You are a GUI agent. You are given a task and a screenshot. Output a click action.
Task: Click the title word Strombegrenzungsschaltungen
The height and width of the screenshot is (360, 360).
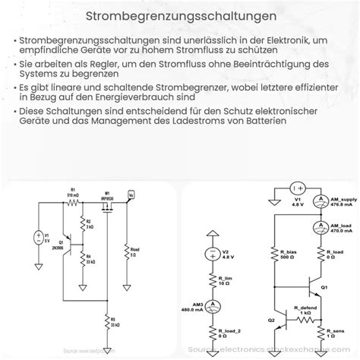[180, 14]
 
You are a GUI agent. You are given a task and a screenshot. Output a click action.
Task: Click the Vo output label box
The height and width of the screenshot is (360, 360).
[132, 197]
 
